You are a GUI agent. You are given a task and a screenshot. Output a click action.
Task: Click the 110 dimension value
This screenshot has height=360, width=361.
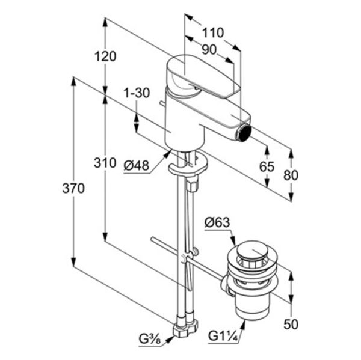point(213,32)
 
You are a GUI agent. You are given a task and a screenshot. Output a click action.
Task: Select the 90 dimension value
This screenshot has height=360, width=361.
point(209,50)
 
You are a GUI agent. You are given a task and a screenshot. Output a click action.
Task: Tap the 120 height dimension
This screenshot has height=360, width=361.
point(105,56)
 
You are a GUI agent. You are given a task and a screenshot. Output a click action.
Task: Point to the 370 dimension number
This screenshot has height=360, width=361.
point(73,188)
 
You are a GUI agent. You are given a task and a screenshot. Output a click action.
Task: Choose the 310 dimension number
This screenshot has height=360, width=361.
point(105,163)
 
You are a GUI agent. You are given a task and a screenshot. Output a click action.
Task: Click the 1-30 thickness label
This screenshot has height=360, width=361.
point(137,93)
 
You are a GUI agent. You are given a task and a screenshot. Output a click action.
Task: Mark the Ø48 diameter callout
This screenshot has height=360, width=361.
point(137,165)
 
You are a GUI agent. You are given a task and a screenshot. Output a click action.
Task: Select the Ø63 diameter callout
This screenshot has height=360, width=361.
point(217,222)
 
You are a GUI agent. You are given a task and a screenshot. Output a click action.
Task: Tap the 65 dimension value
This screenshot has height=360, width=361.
point(267,166)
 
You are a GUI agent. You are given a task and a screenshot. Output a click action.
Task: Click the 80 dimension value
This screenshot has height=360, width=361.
point(291,175)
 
